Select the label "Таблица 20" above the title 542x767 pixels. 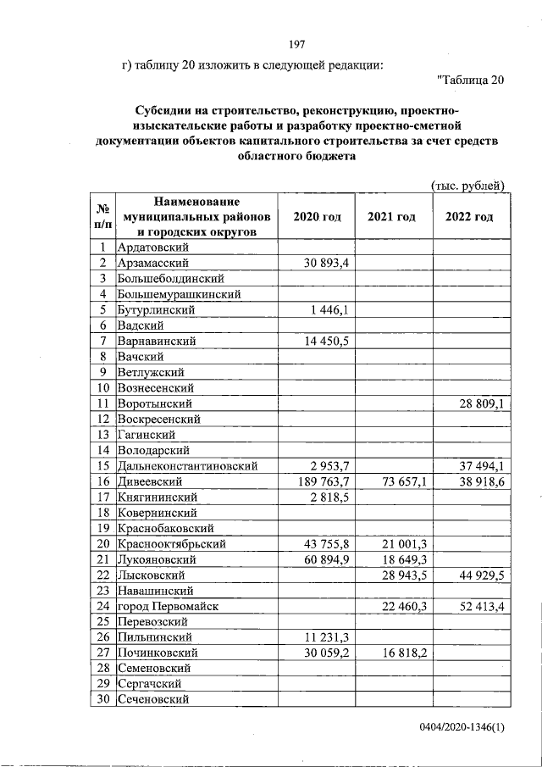(x=470, y=81)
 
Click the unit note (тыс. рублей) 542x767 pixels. (x=467, y=186)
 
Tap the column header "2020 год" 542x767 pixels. (x=317, y=217)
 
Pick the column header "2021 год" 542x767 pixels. (x=391, y=217)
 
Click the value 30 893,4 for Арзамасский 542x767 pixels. (x=326, y=264)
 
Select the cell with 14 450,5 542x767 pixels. (x=326, y=341)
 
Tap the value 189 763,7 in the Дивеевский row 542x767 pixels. (x=323, y=481)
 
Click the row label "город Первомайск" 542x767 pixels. (x=168, y=606)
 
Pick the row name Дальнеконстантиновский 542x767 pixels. (x=187, y=466)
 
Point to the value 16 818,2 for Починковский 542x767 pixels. (x=404, y=653)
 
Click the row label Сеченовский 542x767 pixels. (x=152, y=699)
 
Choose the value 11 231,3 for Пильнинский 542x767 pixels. (x=326, y=637)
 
